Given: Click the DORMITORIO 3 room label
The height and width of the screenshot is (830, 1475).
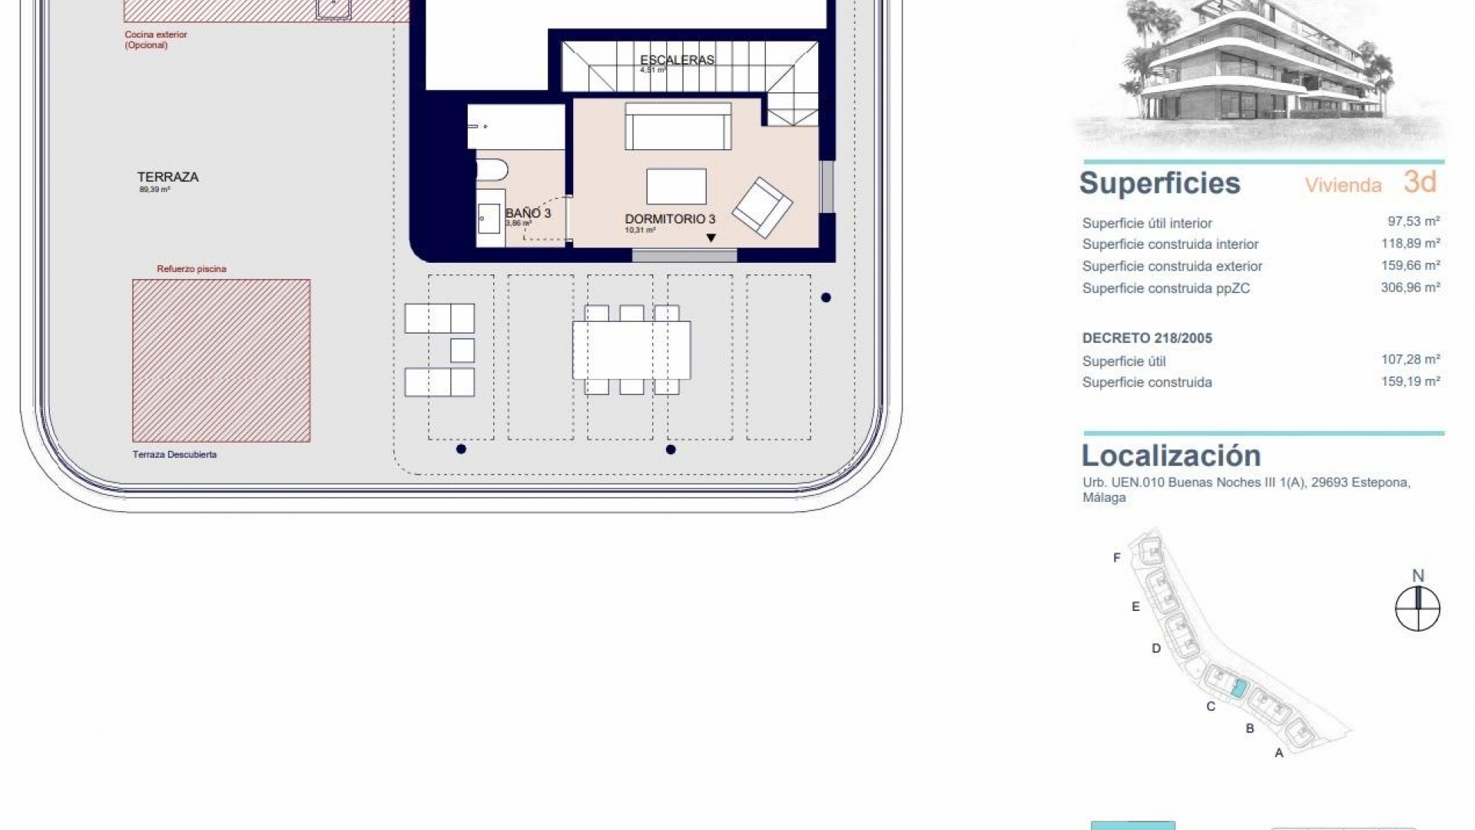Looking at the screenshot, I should tap(669, 219).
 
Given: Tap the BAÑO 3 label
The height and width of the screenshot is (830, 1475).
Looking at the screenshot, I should tap(528, 213).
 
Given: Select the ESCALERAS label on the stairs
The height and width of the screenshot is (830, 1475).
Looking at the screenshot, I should tap(677, 60).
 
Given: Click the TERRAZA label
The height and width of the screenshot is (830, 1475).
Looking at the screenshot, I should tap(167, 177).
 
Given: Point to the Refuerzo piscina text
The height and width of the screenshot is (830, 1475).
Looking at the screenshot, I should tap(191, 269).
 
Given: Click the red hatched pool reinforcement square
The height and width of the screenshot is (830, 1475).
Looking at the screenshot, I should tap(221, 360).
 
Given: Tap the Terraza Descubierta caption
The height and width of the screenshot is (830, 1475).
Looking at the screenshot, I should tap(174, 454).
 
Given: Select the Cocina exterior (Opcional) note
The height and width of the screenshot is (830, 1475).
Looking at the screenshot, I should tap(156, 39).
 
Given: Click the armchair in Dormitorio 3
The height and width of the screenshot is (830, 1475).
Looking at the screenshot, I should tap(762, 207).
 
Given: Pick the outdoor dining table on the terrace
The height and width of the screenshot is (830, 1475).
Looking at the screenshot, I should tap(631, 350).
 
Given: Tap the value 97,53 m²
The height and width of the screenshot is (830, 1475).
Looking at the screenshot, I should tap(1413, 221).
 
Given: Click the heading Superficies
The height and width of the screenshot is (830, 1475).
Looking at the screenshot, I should tap(1159, 183).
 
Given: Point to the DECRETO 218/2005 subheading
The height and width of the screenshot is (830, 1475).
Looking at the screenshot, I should tap(1147, 338).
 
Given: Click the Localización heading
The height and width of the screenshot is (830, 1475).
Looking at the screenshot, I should tap(1171, 456).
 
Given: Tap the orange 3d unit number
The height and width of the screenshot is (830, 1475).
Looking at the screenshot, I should tap(1419, 182).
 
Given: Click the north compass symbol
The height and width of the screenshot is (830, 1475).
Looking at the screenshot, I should tap(1417, 609).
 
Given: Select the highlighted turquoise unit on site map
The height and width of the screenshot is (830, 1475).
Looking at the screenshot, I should tap(1238, 688).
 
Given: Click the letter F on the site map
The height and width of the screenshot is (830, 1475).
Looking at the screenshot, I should tap(1117, 558).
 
